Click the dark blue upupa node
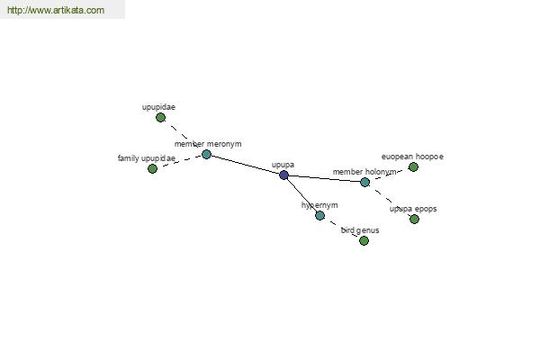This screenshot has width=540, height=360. tap(283, 175)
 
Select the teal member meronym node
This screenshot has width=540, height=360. tap(206, 154)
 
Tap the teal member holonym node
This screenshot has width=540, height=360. tap(365, 182)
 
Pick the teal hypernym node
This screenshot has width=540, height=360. tap(319, 216)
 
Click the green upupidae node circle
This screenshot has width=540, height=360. tap(160, 118)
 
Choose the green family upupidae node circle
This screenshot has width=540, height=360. tap(153, 169)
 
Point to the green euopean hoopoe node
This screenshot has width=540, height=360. tap(413, 167)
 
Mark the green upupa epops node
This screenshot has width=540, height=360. tap(414, 219)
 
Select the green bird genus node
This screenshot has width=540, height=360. tap(364, 240)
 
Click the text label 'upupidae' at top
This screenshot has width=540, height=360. tap(158, 107)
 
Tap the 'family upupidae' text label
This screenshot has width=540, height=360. tap(147, 158)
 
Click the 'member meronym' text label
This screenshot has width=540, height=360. tap(208, 144)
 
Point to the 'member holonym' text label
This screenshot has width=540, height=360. tap(364, 172)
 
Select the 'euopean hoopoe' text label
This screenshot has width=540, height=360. tap(412, 157)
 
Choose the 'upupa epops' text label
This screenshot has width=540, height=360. tap(413, 209)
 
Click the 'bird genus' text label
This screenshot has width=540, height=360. tap(360, 230)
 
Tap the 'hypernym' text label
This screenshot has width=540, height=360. tap(319, 205)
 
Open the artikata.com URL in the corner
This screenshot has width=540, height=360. tap(56, 10)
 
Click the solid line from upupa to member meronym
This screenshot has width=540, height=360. tap(245, 165)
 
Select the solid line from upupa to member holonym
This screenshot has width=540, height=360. tap(324, 178)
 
